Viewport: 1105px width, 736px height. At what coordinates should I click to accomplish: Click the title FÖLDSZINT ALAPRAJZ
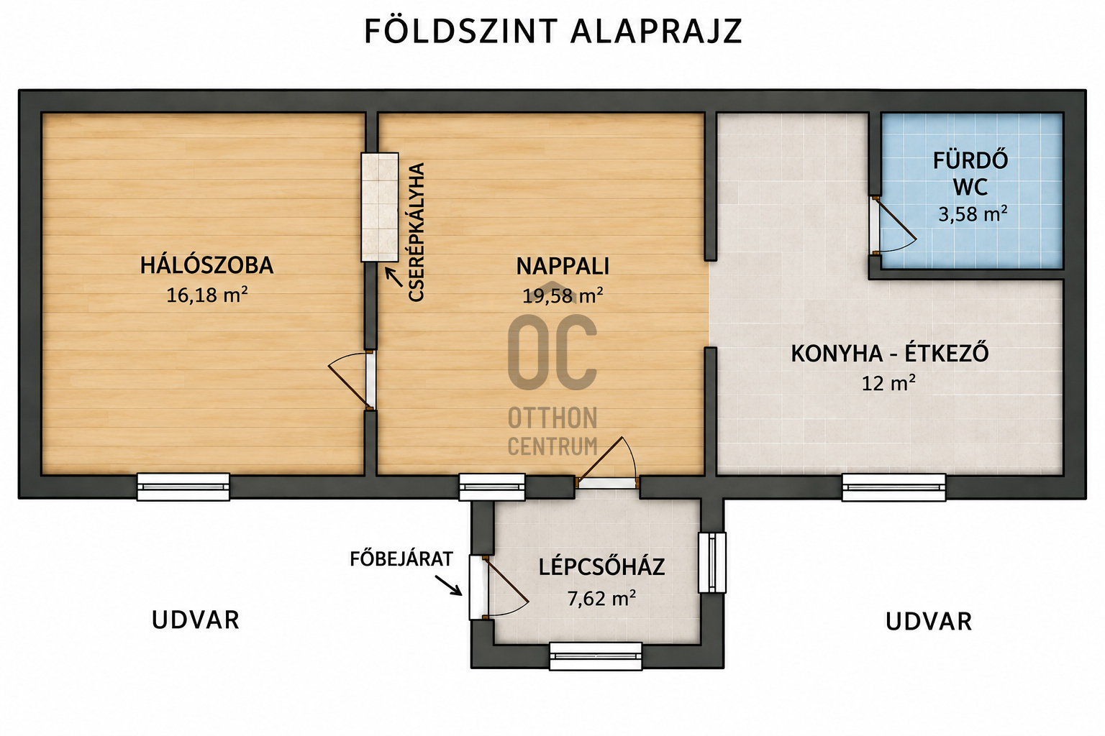click(553, 32)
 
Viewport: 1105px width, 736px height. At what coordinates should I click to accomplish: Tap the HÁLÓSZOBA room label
click(206, 265)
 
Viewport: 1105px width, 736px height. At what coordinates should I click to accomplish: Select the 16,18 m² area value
click(206, 295)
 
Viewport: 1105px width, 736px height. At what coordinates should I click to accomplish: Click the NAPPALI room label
click(563, 266)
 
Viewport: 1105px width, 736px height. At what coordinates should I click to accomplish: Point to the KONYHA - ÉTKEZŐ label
click(890, 354)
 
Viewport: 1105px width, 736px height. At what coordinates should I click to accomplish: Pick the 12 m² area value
click(888, 383)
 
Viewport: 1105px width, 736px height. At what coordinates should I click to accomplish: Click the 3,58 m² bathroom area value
click(973, 214)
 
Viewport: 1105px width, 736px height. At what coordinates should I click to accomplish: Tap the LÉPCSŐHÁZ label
click(601, 567)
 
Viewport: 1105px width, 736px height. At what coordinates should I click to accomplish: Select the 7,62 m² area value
click(601, 598)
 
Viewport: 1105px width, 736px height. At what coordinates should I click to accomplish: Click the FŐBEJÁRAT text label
click(401, 558)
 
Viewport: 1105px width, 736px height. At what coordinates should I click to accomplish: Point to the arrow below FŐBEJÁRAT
click(448, 585)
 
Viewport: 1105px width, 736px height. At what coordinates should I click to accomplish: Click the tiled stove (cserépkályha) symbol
click(379, 207)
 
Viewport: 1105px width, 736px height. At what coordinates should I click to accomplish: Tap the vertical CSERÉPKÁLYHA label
click(417, 231)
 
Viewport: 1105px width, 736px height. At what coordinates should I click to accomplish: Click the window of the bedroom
click(183, 487)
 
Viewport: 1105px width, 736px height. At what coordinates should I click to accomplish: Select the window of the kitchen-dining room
click(893, 487)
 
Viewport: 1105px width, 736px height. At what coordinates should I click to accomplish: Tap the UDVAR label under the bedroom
click(196, 620)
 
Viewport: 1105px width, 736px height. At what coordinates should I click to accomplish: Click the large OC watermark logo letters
click(552, 351)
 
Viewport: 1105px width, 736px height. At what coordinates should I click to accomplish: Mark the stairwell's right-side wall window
click(711, 563)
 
